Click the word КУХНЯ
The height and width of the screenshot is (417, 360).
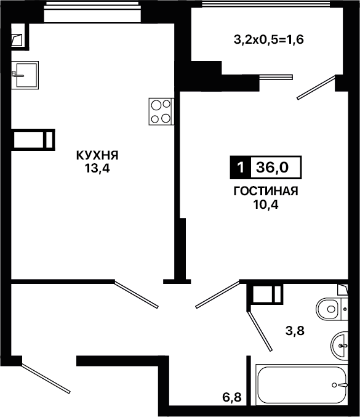[97, 155]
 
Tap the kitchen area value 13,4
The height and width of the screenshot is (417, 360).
[97, 168]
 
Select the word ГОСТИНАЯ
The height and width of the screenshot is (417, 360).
[266, 191]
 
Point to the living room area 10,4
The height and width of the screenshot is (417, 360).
[266, 204]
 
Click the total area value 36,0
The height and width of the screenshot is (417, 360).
[272, 168]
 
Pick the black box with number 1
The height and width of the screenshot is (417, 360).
[241, 168]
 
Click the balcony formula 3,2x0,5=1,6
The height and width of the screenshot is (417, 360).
[268, 40]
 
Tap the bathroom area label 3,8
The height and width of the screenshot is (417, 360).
[295, 331]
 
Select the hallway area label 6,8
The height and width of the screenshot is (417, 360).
[232, 397]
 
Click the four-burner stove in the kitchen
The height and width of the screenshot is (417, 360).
[161, 111]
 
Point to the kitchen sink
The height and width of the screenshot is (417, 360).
[25, 75]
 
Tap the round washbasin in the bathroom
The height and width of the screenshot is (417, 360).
[340, 346]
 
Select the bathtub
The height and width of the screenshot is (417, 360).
[302, 384]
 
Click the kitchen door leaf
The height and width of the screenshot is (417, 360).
[137, 294]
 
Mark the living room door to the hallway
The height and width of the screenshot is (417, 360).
[218, 294]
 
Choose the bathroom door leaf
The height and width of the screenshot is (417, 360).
[260, 331]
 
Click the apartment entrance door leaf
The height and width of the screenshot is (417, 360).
[46, 379]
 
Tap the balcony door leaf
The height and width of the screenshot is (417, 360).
[316, 87]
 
